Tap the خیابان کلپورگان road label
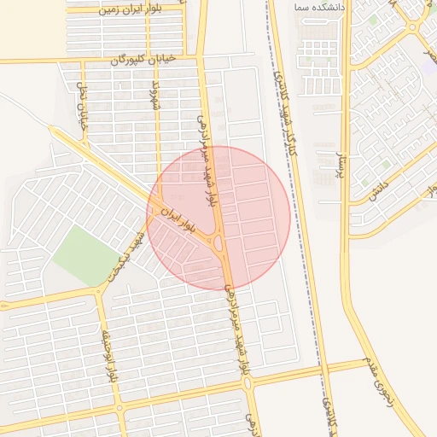[x=143, y=60]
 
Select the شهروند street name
[x=154, y=98]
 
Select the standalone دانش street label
[x=380, y=189]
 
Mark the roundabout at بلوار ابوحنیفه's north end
[x=100, y=290]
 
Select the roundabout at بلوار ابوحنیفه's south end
[x=119, y=408]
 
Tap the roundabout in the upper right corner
[x=412, y=27]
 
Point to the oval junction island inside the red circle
[x=219, y=244]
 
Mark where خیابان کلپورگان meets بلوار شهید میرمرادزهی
[x=201, y=57]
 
